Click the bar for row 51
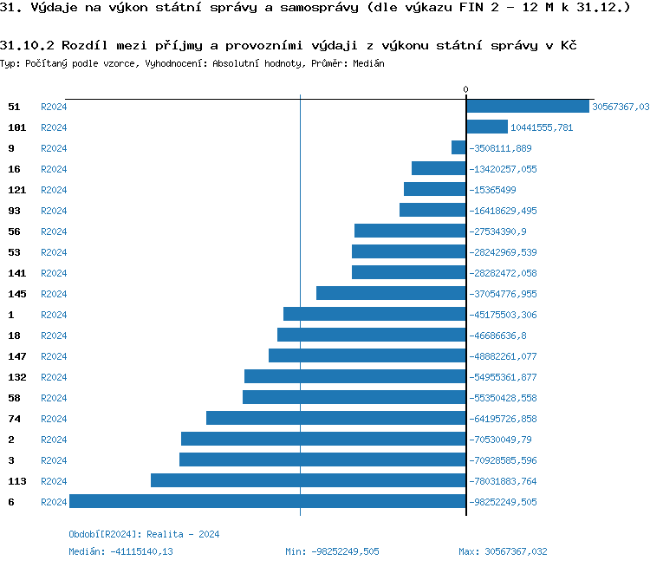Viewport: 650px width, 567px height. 528,106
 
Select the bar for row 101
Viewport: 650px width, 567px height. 487,127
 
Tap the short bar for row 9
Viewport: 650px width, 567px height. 458,147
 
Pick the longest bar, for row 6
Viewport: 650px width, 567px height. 268,501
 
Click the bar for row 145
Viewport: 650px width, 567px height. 391,293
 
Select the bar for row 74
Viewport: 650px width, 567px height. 336,418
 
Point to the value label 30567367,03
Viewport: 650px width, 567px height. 621,107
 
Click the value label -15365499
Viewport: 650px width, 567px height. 492,190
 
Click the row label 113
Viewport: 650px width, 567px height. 17,481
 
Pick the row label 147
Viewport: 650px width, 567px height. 17,356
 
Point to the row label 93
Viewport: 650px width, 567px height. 14,211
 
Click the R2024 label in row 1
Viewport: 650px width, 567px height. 54,315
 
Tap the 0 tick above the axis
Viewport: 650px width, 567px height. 465,90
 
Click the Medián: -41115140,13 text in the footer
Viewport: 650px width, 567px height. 120,551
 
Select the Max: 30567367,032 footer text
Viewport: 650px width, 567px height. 503,551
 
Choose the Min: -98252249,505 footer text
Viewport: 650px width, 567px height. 332,551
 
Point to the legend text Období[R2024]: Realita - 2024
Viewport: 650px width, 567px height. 144,534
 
